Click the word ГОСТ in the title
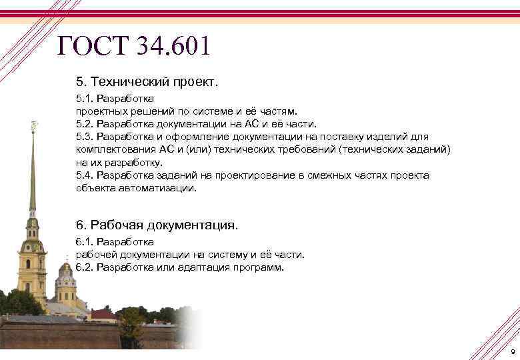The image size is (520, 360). pyautogui.click(x=93, y=46)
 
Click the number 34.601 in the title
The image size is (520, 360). pyautogui.click(x=173, y=46)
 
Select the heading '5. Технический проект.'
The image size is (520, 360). pyautogui.click(x=147, y=82)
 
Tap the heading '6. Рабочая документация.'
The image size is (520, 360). pyautogui.click(x=157, y=225)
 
